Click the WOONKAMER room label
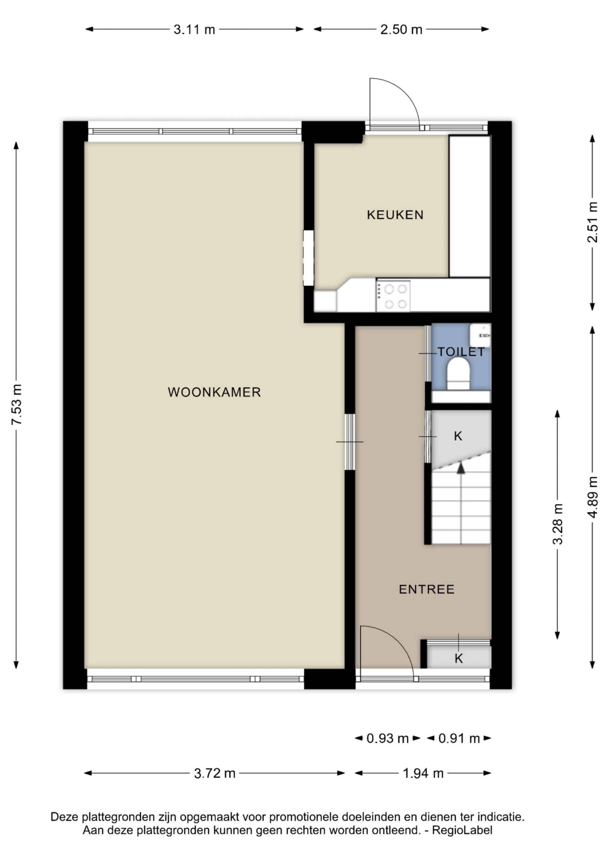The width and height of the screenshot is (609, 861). [x=214, y=392]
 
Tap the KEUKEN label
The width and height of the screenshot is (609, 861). [x=395, y=215]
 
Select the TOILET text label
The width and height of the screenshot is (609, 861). [x=461, y=352]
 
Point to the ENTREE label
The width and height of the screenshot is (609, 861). [x=427, y=590]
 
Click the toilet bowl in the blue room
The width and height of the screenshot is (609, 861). [x=458, y=373]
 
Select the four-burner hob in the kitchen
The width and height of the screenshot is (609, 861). [x=393, y=296]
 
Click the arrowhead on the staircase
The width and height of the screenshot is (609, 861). [x=460, y=467]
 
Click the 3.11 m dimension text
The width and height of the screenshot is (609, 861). [x=194, y=30]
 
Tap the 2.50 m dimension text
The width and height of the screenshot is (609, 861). [x=401, y=30]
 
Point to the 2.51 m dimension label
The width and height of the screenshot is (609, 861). [x=593, y=222]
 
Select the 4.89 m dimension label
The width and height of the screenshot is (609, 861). [x=593, y=497]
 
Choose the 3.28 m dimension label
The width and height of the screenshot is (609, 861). [x=558, y=524]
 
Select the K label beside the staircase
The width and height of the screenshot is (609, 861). [x=458, y=436]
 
